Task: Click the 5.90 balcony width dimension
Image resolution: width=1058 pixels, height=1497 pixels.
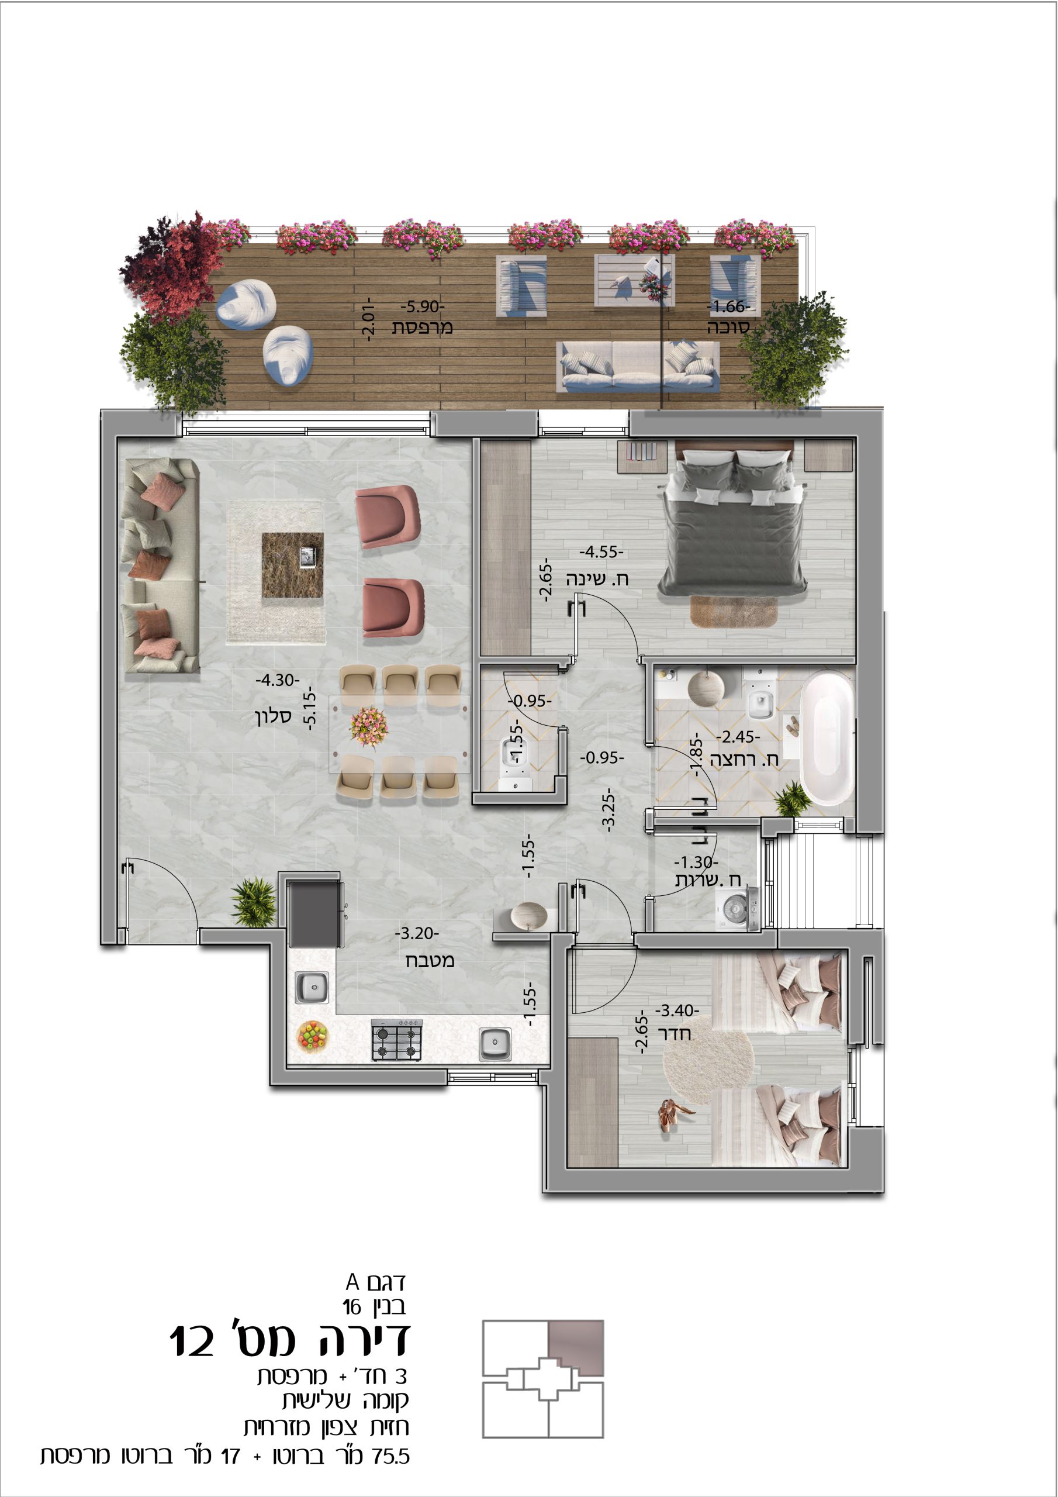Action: (x=423, y=306)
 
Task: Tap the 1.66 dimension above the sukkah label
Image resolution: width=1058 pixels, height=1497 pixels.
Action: (x=729, y=306)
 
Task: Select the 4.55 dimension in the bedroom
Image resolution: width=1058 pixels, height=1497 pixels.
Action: (x=601, y=551)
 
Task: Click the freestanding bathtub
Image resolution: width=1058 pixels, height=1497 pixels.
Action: (x=826, y=737)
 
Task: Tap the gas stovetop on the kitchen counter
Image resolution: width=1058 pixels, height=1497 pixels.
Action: (x=397, y=1039)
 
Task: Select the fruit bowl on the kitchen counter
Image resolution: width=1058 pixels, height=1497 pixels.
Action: (x=312, y=1036)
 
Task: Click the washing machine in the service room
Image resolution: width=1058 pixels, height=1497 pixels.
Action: (x=738, y=908)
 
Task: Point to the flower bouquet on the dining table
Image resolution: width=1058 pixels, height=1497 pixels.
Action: (x=369, y=726)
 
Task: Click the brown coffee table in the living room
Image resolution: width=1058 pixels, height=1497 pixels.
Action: (x=293, y=565)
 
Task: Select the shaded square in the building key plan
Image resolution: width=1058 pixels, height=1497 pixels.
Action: (x=576, y=1348)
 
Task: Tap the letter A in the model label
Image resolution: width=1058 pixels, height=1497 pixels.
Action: (x=352, y=1282)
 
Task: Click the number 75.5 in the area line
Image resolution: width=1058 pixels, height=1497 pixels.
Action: (x=391, y=1457)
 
